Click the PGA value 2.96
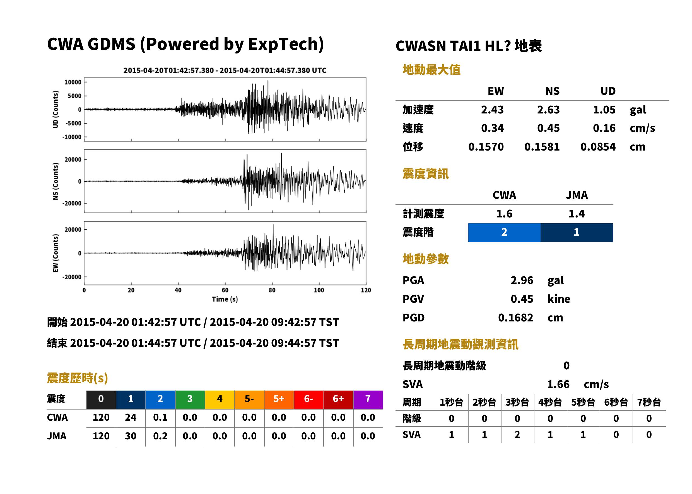pos(522,280)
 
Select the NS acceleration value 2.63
pos(548,110)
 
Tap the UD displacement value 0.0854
pos(598,147)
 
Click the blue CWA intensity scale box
pos(504,233)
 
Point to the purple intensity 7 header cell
pos(368,399)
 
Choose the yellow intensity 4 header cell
pos(220,399)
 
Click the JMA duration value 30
pos(131,436)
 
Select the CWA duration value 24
pos(131,417)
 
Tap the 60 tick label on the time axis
pos(225,290)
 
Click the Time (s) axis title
pos(225,299)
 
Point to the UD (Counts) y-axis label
pos(56,110)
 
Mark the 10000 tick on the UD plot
pos(73,82)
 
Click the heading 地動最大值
pos(431,70)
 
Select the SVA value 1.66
pos(558,384)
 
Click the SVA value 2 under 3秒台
pos(517,435)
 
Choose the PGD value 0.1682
pos(515,318)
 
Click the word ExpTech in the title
pos(283,44)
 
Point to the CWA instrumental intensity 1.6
pos(504,214)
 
